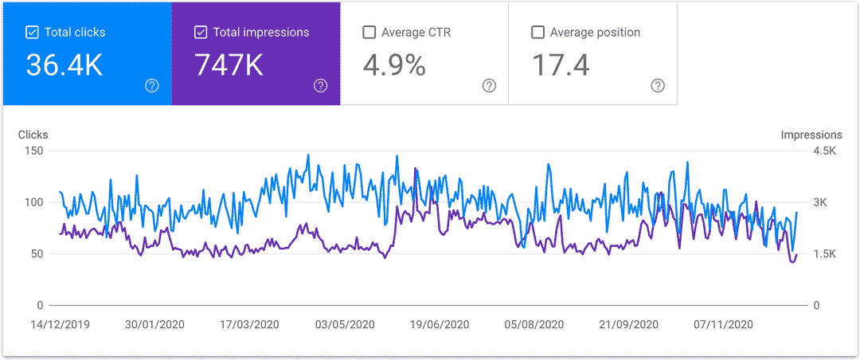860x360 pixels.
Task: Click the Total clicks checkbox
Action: [32, 33]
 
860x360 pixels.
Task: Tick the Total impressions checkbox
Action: [201, 33]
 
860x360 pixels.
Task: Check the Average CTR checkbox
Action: [369, 33]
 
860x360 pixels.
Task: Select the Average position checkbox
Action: [538, 33]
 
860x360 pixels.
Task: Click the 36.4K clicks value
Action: [64, 65]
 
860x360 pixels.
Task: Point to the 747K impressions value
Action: [229, 65]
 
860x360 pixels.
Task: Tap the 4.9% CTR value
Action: [394, 65]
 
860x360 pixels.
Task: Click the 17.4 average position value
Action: [561, 65]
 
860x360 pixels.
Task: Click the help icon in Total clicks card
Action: [152, 86]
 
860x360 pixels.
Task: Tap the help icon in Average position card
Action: [658, 86]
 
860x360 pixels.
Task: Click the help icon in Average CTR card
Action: [489, 86]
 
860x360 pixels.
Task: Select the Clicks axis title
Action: [33, 135]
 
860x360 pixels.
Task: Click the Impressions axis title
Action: [811, 135]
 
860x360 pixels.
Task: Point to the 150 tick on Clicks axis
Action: [33, 151]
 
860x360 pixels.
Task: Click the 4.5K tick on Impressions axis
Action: [823, 151]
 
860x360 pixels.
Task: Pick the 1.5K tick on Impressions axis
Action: [823, 254]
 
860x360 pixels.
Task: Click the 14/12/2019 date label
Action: [61, 325]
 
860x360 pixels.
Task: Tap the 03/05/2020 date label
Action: [345, 325]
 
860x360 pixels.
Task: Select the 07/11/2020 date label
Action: [723, 325]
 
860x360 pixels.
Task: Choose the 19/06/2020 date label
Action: [440, 325]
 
